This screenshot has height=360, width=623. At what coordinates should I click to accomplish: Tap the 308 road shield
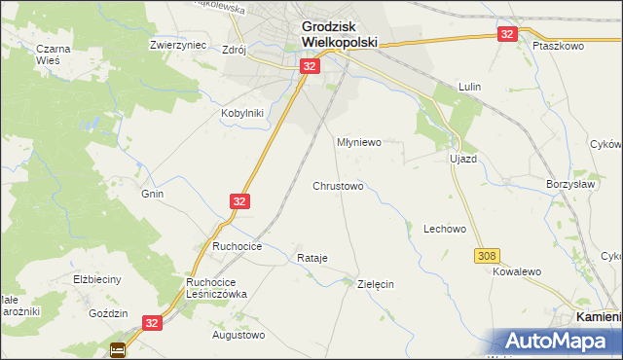tap(488, 255)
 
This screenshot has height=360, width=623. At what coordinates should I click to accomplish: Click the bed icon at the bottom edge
tap(118, 349)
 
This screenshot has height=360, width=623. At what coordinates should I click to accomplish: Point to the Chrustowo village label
tap(338, 185)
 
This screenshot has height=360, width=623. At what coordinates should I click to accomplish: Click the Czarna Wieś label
tap(48, 54)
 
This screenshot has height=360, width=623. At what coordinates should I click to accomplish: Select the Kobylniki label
tap(242, 112)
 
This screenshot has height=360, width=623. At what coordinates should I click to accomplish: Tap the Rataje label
tap(311, 258)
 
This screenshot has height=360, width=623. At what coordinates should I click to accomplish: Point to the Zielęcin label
tap(375, 284)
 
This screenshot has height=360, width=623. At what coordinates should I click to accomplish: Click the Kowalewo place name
tap(516, 274)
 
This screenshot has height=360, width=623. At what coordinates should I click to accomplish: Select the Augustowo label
tap(238, 335)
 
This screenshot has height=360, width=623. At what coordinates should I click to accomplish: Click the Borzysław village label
tap(569, 183)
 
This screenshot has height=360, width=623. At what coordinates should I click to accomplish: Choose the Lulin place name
tap(471, 87)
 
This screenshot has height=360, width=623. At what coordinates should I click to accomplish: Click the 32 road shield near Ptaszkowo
tap(506, 34)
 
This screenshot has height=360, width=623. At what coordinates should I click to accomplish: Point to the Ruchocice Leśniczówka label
tap(218, 287)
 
